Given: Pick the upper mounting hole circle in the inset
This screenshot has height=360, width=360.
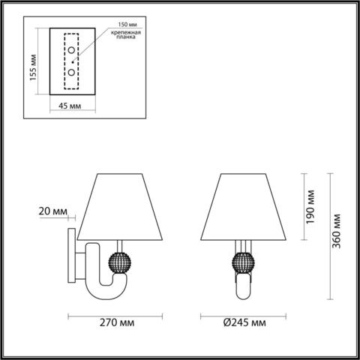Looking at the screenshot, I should (x=72, y=52).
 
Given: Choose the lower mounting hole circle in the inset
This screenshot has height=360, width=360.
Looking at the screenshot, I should (x=72, y=73).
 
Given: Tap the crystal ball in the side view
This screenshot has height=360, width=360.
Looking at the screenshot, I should (x=118, y=262).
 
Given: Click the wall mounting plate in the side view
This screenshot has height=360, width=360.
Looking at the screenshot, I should (x=72, y=259).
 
